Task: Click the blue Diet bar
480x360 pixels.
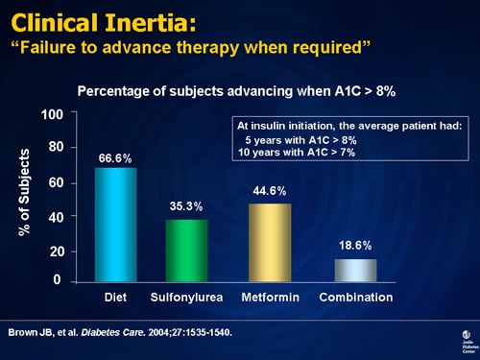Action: [x=115, y=225]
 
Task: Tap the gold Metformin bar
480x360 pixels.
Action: [x=270, y=242]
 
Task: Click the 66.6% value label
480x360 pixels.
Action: [x=114, y=158]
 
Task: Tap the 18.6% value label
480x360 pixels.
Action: [x=354, y=247]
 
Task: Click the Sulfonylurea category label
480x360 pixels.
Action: [x=186, y=298]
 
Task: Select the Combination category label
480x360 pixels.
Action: [x=355, y=298]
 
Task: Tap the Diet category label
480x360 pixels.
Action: [x=115, y=298]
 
